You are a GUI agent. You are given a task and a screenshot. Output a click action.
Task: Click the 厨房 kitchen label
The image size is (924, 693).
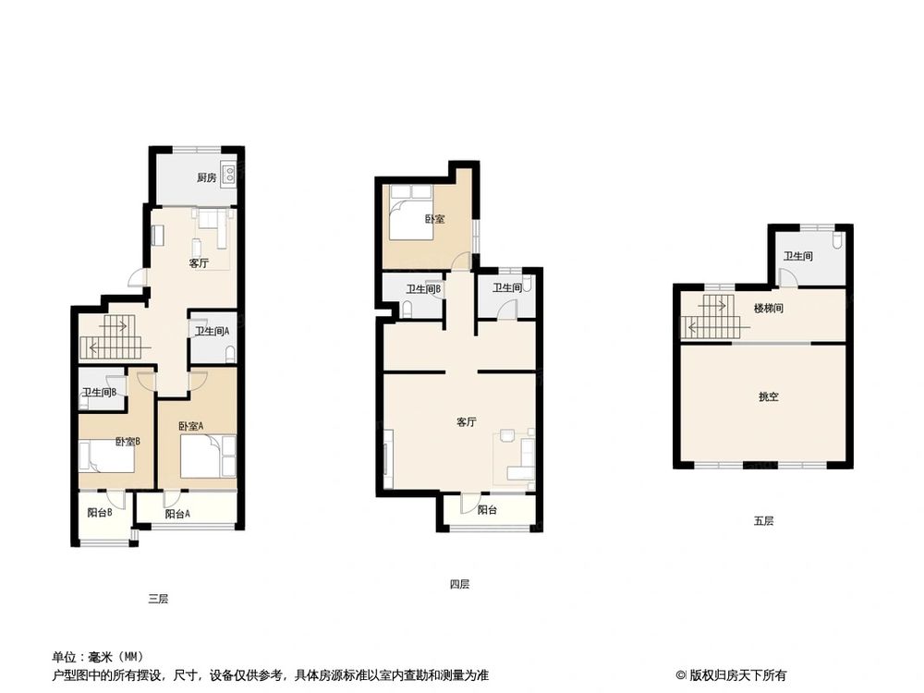(x=206, y=177)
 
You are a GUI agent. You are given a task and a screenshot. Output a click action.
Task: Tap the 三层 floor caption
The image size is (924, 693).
(x=158, y=599)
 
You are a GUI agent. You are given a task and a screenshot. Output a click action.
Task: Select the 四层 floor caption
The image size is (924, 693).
(x=459, y=584)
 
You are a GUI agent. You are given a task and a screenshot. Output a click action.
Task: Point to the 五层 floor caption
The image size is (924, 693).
(x=763, y=521)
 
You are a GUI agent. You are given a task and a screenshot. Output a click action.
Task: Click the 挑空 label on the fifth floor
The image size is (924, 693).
(x=769, y=396)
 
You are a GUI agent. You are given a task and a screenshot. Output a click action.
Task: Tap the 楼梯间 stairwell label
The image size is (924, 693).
(x=769, y=309)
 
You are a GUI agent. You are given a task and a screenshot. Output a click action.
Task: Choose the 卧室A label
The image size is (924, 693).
(x=190, y=426)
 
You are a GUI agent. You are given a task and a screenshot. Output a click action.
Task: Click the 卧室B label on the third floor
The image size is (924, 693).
(x=128, y=442)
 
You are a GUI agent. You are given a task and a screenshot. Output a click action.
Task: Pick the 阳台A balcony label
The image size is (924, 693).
(x=177, y=515)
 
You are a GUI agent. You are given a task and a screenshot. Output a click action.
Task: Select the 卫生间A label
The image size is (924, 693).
(x=212, y=331)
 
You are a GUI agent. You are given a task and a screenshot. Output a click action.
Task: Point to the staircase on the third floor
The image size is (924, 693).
(x=109, y=338)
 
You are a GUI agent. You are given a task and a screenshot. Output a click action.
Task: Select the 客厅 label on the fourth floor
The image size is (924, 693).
(x=466, y=422)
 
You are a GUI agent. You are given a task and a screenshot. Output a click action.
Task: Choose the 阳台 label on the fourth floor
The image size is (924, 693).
(x=488, y=509)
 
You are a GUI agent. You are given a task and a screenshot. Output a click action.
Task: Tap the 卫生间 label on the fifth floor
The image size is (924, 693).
(x=798, y=256)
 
